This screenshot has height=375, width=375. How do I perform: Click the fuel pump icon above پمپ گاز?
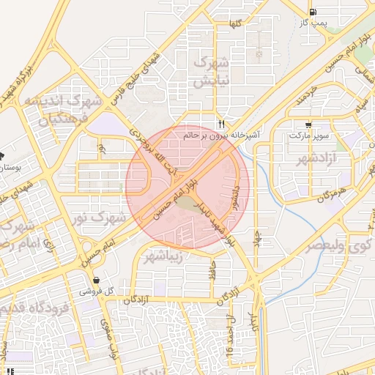click(x=314, y=12)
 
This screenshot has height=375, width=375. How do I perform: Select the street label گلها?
click(x=235, y=24)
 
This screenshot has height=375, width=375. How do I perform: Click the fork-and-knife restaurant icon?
click(x=221, y=123)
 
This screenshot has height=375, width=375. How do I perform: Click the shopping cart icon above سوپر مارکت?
click(x=310, y=125)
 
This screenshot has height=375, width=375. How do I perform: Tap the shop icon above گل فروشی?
click(x=97, y=280)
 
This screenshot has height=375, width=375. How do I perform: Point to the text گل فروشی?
click(x=99, y=292)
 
